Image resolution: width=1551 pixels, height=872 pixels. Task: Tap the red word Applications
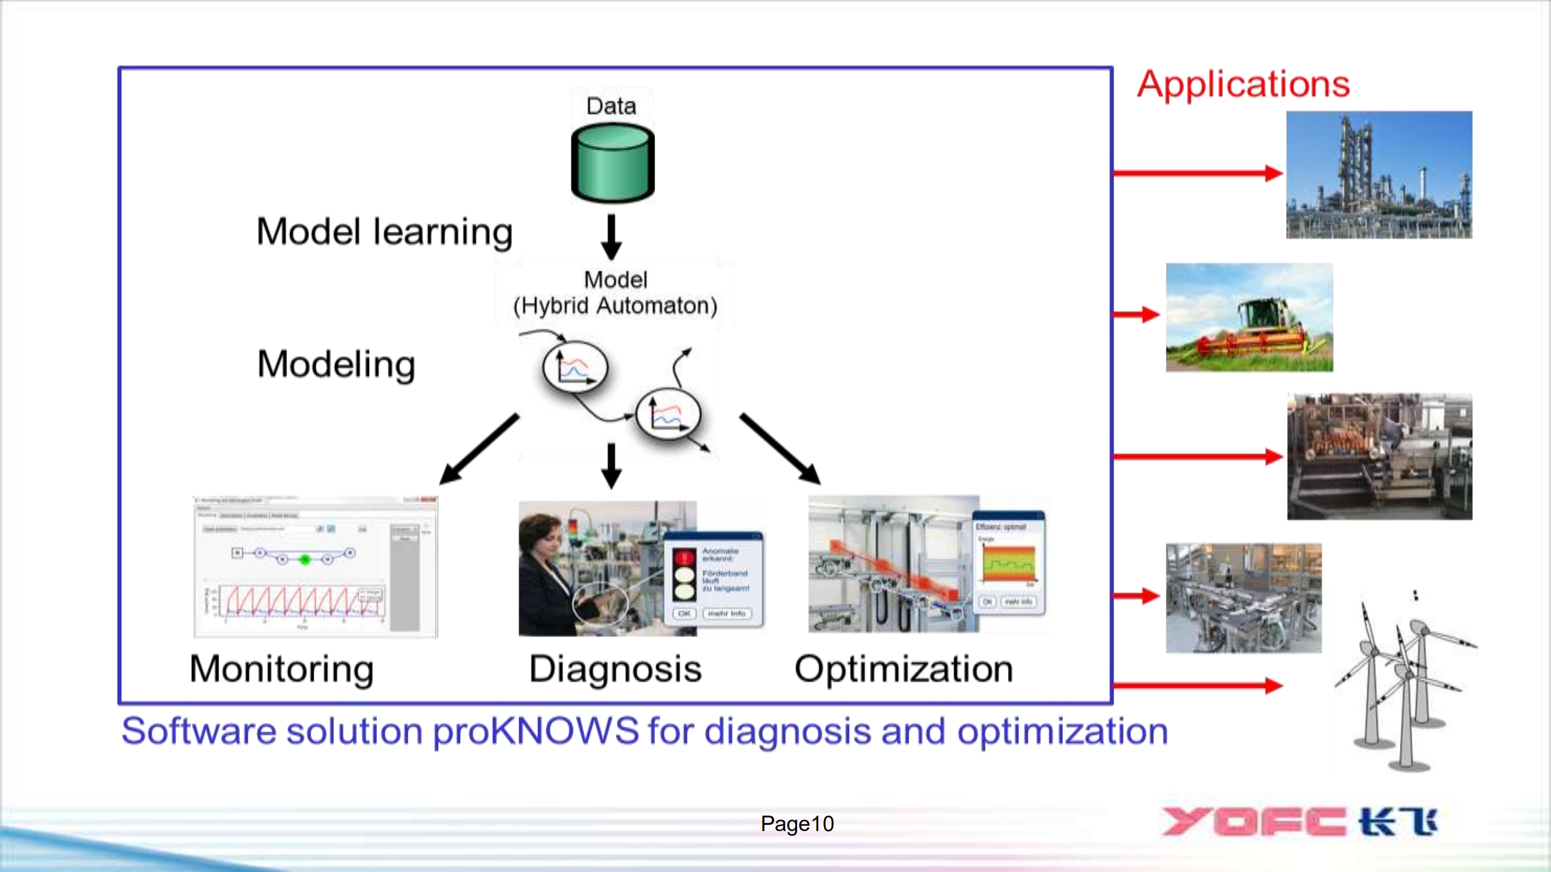(x=1243, y=83)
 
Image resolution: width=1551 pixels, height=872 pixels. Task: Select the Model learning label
(x=384, y=232)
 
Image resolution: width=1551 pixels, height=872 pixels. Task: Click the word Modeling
(x=336, y=364)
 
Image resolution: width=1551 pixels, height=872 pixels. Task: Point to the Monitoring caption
(x=281, y=668)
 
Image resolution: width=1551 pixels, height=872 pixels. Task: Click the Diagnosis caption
(x=615, y=668)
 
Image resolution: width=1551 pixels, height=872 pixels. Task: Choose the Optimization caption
(x=904, y=668)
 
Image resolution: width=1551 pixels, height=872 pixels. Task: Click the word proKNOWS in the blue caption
(x=536, y=731)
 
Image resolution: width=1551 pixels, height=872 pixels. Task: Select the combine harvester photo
(x=1249, y=317)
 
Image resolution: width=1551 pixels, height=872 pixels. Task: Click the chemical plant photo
(x=1379, y=175)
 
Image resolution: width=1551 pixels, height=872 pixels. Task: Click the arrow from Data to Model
(x=612, y=236)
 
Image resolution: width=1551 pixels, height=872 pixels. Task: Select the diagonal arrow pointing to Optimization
(x=780, y=448)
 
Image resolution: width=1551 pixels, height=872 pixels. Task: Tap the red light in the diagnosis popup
(x=684, y=557)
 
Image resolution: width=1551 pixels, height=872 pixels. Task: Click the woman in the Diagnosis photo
(x=545, y=571)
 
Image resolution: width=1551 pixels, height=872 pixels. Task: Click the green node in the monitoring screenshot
(x=305, y=560)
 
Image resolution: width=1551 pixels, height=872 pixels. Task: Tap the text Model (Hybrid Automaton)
(x=615, y=293)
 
